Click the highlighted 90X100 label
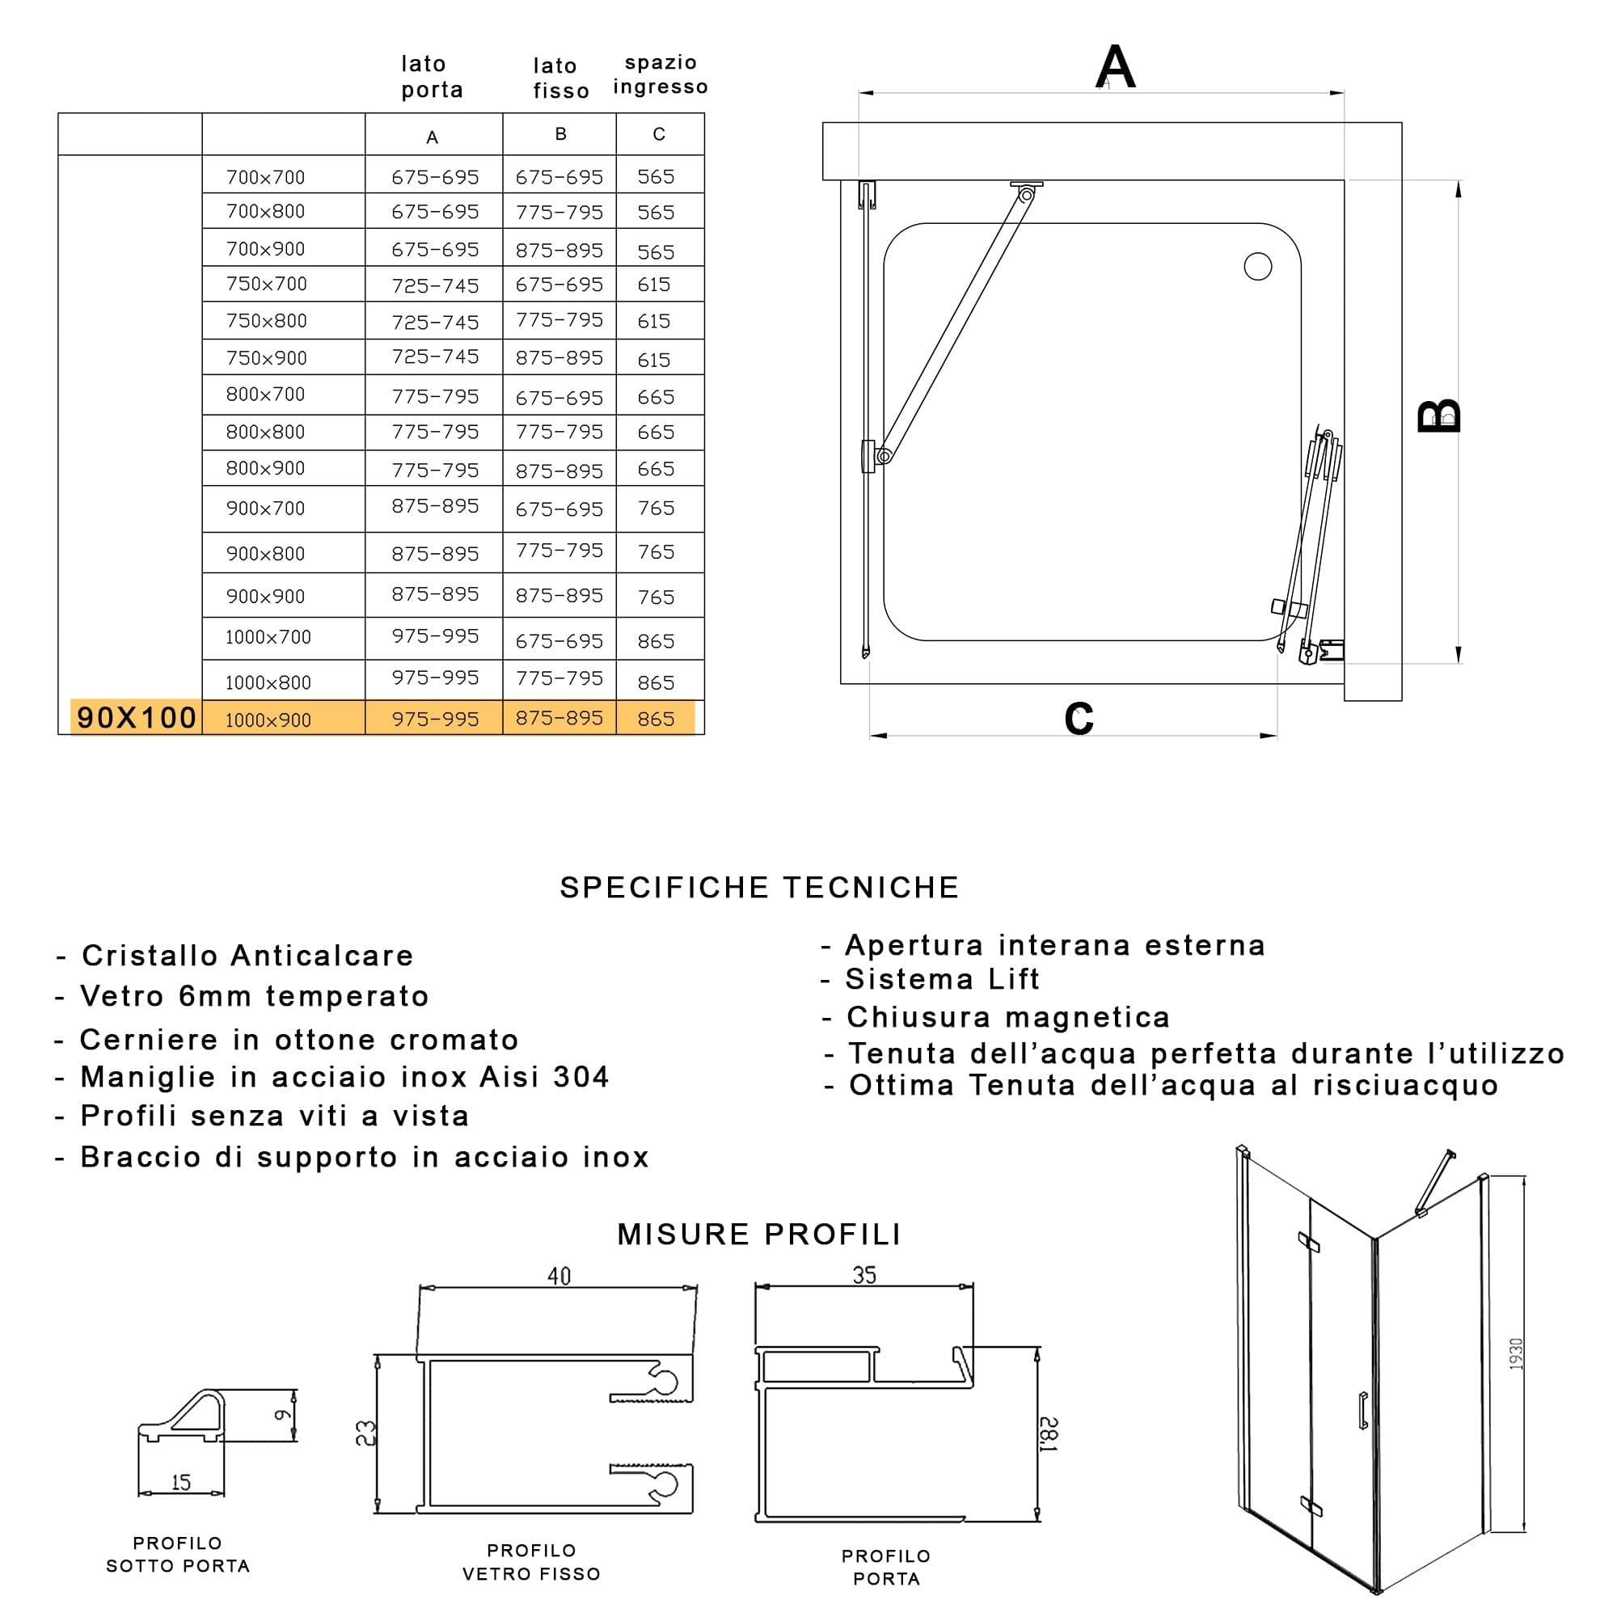tap(137, 717)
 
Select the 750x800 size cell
tap(266, 320)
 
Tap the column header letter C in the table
tap(659, 134)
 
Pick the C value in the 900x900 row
tap(656, 597)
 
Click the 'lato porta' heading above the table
tap(432, 76)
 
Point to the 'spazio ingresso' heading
tap(661, 74)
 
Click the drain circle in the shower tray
tap(1258, 266)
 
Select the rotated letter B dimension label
tap(1439, 416)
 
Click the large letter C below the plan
tap(1079, 717)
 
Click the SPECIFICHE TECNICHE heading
tap(759, 887)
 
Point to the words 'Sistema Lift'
tap(943, 978)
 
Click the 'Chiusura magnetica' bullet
tap(1007, 1017)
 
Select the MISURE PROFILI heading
tap(759, 1234)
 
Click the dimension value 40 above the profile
tap(559, 1276)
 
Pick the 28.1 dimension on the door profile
tap(1049, 1433)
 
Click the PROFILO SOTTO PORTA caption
tap(178, 1554)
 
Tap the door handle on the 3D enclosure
tap(1363, 1410)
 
